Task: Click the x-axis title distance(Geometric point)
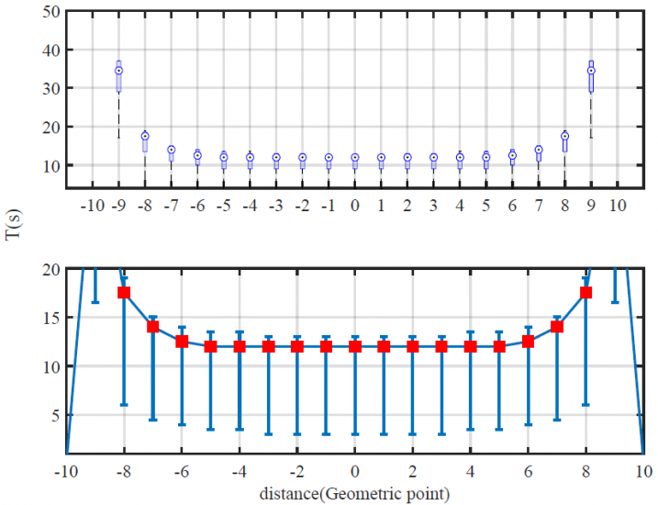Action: [x=353, y=494]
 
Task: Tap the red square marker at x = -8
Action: [x=124, y=293]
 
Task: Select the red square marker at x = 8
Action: [x=586, y=293]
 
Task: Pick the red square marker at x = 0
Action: [x=355, y=346]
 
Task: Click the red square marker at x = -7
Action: [x=153, y=327]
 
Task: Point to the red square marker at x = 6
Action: [x=528, y=342]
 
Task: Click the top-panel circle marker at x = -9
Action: [x=118, y=71]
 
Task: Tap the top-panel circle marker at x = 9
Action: [x=591, y=71]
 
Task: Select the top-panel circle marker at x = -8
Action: [x=145, y=136]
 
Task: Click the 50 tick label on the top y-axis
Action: [x=51, y=12]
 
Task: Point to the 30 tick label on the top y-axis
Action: [x=51, y=89]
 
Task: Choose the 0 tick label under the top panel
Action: [x=355, y=204]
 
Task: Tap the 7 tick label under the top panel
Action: [x=539, y=204]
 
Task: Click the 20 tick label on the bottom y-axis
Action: [x=51, y=269]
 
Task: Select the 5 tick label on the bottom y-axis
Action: [x=55, y=415]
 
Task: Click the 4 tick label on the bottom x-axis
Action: [x=470, y=472]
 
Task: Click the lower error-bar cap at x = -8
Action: [x=124, y=405]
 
